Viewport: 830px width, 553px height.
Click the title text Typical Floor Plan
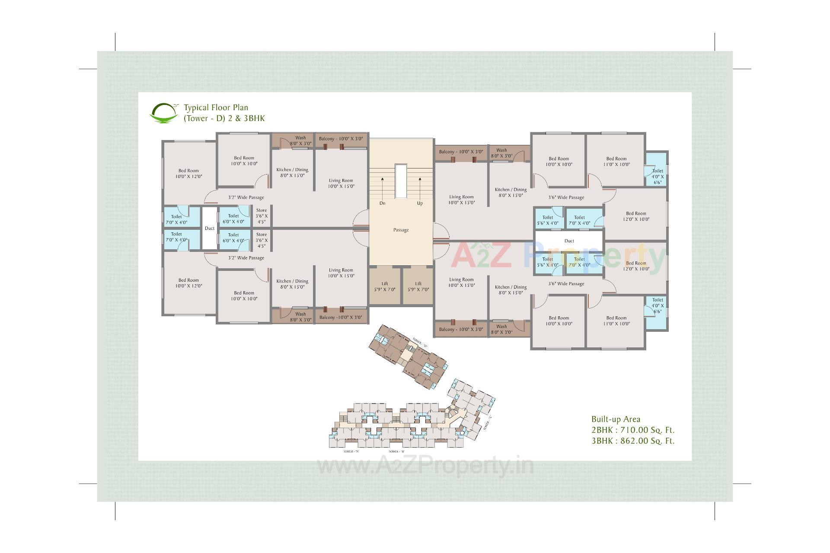216,108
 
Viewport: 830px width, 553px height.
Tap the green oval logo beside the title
163,113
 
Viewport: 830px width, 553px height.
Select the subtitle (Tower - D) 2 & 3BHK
224,118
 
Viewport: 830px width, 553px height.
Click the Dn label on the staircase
382,203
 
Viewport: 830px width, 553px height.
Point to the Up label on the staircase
420,203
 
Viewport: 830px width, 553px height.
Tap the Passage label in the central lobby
401,230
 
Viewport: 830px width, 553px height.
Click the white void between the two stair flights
401,181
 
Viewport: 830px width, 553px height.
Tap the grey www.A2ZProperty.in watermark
425,467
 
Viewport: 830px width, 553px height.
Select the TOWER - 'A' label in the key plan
351,451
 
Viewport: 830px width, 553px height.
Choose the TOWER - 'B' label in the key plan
396,451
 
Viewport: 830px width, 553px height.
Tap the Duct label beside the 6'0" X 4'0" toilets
210,228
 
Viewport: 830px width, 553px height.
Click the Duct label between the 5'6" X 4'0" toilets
569,241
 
